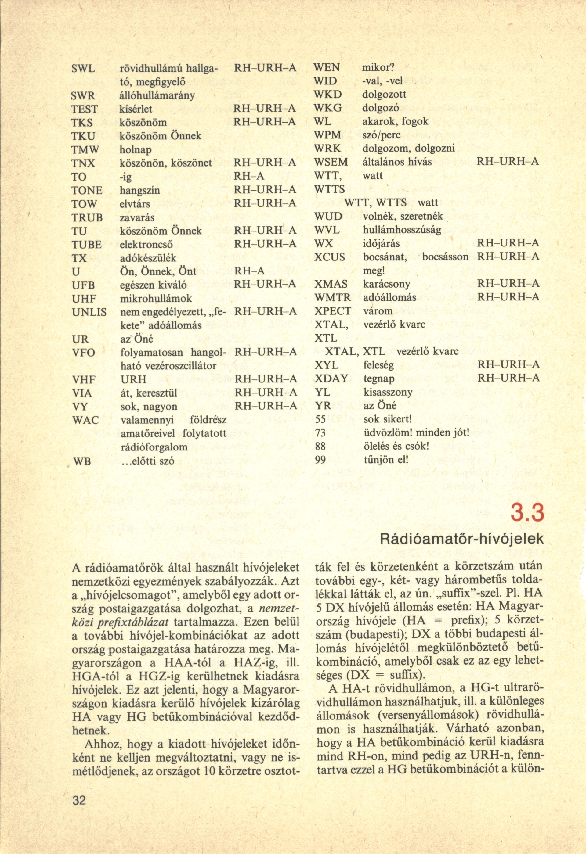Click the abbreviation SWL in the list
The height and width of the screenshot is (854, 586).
83,69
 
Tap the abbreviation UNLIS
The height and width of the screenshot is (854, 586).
89,312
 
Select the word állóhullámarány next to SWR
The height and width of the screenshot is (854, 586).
157,95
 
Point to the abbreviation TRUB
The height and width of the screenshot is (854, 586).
87,217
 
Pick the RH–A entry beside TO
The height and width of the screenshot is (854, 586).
249,177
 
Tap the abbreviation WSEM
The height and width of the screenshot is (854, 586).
330,162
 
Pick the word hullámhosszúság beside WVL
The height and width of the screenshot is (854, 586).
402,230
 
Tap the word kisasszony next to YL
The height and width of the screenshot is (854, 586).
388,392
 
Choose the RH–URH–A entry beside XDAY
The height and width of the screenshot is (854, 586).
508,378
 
